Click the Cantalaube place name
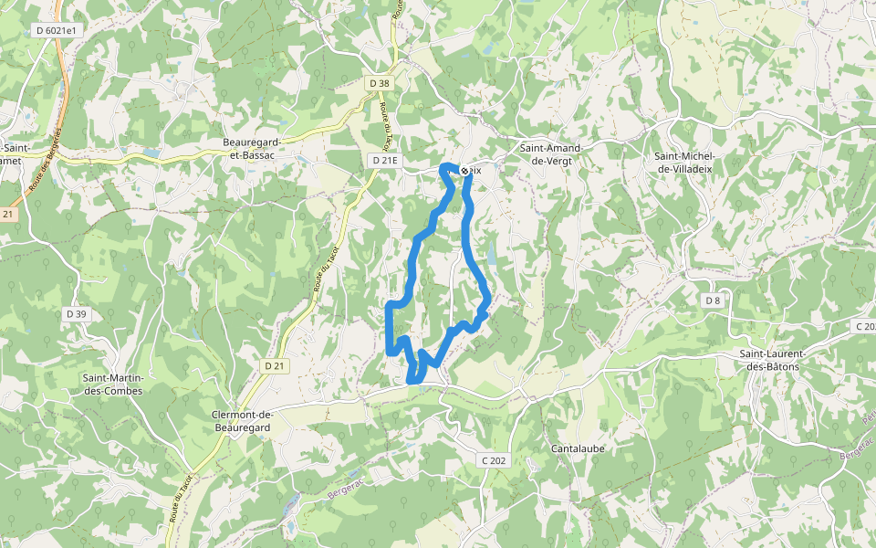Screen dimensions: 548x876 click(x=578, y=448)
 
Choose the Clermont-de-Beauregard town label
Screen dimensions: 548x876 click(x=243, y=419)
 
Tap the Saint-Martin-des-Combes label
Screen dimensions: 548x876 click(x=113, y=384)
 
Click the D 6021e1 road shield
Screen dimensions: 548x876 click(x=57, y=30)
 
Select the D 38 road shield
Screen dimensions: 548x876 click(x=380, y=83)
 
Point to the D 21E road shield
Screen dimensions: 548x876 click(x=385, y=160)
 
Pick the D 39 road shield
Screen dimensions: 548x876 click(x=77, y=314)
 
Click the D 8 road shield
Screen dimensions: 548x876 click(x=712, y=300)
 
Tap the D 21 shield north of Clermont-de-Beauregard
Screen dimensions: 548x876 click(x=274, y=365)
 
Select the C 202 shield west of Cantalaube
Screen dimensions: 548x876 click(x=493, y=460)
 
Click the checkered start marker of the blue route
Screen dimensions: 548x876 click(x=464, y=171)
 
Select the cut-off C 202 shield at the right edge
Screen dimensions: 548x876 click(x=864, y=326)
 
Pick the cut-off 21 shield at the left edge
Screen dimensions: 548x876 click(x=8, y=214)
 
